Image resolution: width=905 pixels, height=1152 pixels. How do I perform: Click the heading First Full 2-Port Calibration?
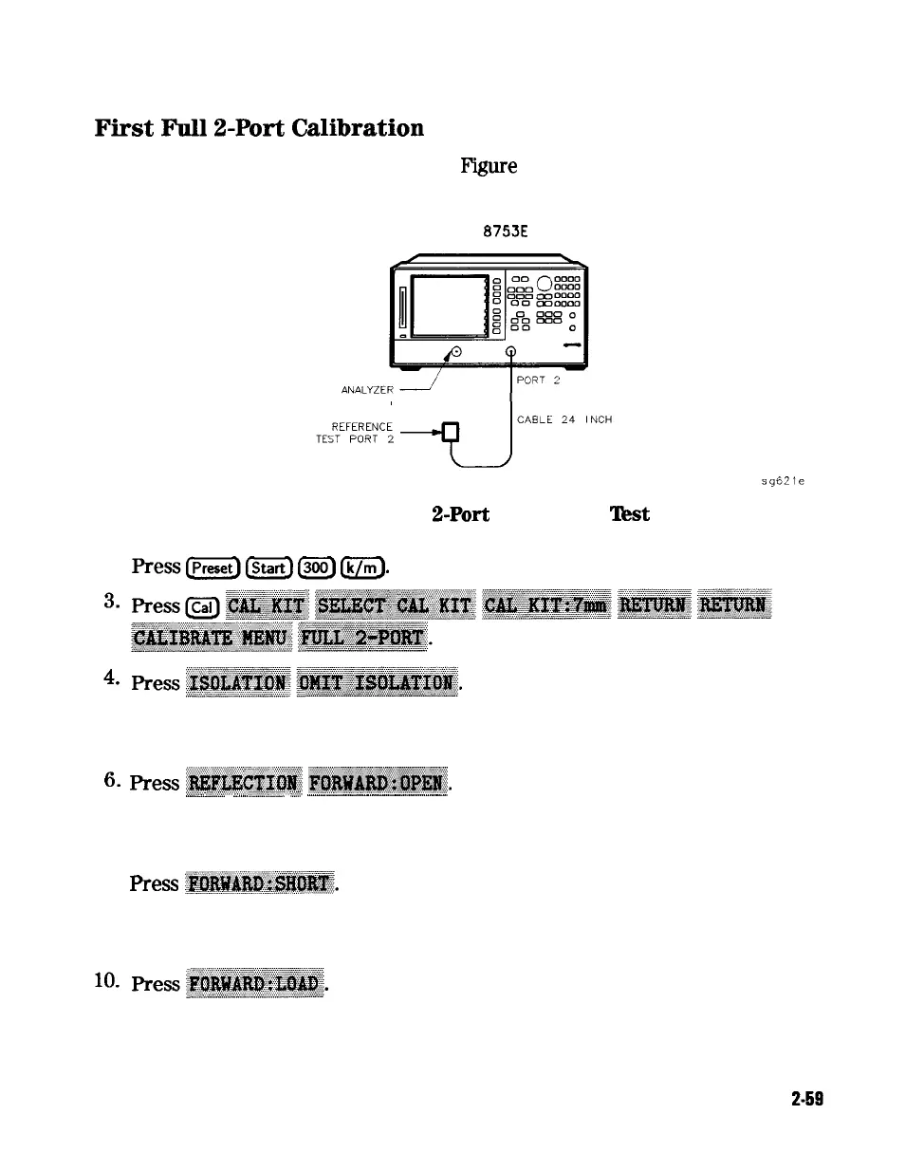pos(259,128)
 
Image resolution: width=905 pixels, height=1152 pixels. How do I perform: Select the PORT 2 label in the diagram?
pos(539,381)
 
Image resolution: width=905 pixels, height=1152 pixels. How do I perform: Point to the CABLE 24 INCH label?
pos(564,419)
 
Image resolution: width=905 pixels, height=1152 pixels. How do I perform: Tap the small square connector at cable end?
pos(452,433)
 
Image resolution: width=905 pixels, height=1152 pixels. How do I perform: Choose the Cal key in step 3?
pos(200,606)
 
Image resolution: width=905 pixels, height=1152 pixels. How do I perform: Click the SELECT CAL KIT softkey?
pos(395,605)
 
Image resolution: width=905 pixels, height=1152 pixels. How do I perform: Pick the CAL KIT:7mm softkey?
pos(545,605)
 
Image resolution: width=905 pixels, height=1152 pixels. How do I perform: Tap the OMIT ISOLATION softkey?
pos(377,683)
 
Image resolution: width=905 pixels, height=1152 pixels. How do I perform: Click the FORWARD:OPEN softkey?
pos(379,783)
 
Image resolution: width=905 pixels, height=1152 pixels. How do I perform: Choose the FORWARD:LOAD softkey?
pos(256,984)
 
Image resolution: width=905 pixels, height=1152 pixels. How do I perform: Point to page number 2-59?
pos(806,1100)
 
